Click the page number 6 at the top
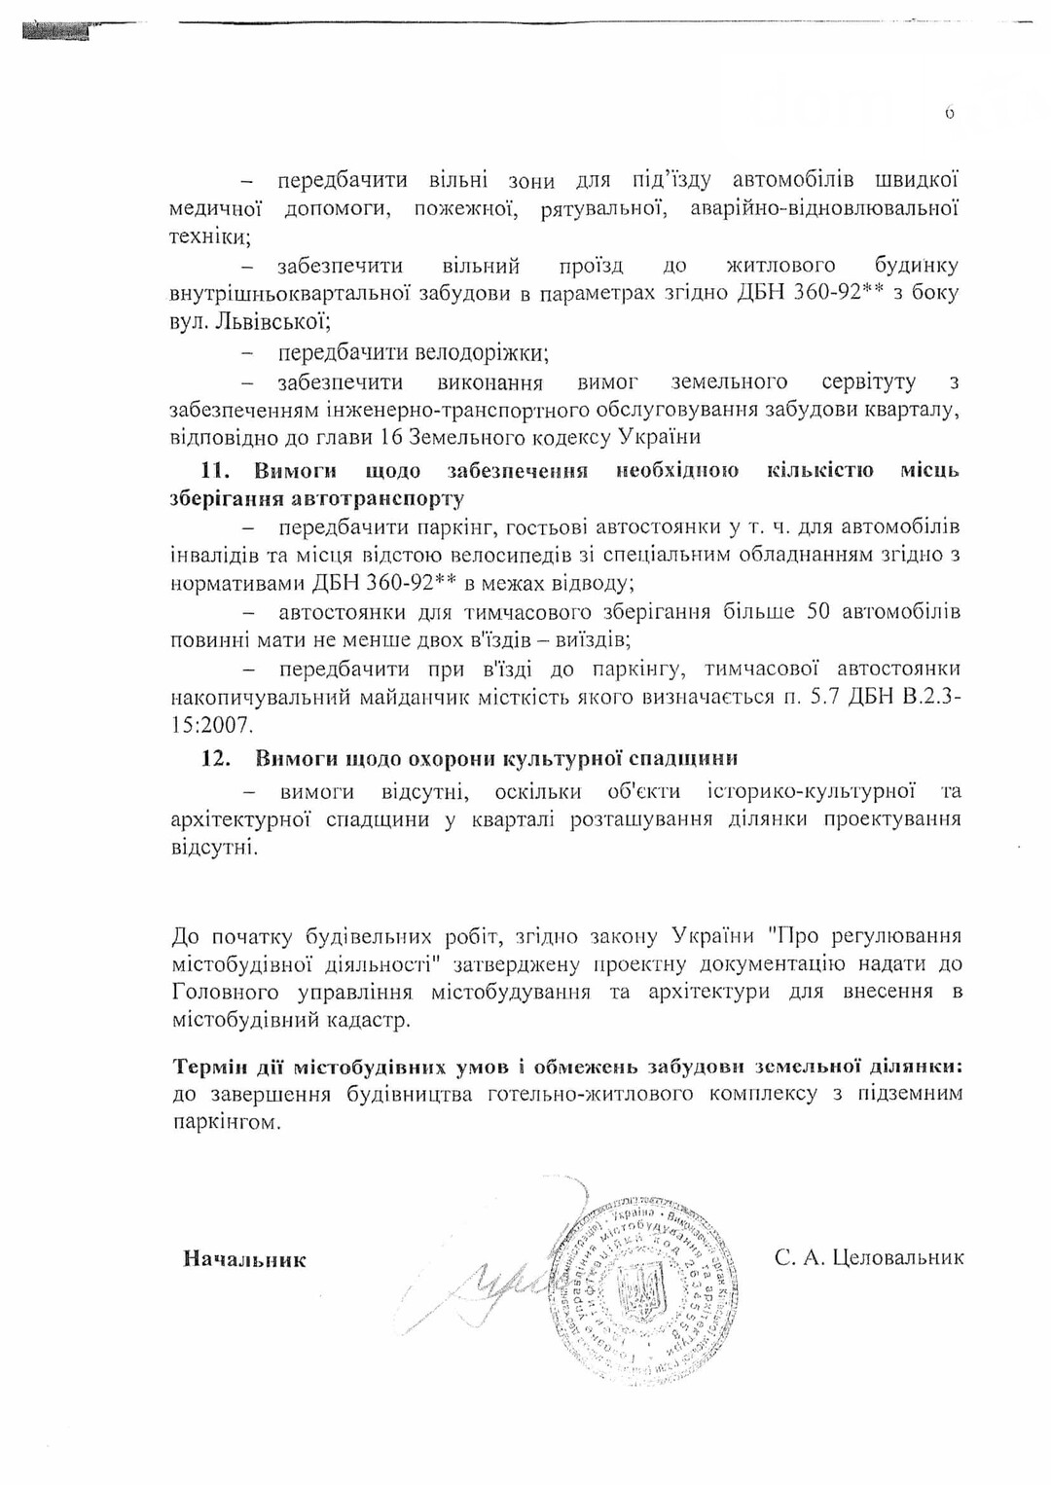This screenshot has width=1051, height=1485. coord(949,112)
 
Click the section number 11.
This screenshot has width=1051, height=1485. coord(214,471)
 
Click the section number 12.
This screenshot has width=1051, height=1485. coord(215,758)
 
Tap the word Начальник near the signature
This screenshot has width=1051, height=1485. coord(244,1259)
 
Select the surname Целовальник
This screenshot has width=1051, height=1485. coord(898,1257)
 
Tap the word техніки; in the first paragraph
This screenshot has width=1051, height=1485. coord(210,236)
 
